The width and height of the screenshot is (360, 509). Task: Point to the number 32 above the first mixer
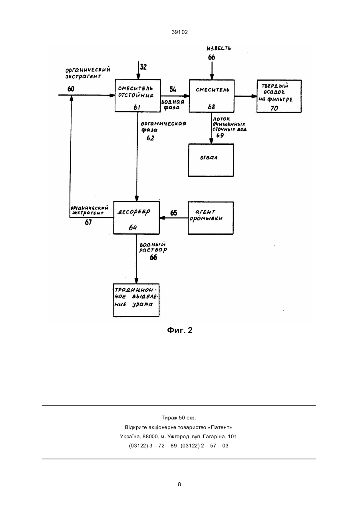point(143,67)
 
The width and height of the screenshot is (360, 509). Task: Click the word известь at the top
point(219,48)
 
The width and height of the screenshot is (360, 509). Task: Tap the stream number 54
point(173,90)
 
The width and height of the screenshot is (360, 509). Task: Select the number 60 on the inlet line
point(71,89)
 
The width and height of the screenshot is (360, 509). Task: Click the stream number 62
point(150,138)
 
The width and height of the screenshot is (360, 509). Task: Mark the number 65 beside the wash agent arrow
point(174,213)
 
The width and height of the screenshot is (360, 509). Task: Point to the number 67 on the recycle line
point(88,222)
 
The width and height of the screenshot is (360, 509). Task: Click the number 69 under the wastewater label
point(220,136)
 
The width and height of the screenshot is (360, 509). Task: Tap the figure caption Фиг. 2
point(180,330)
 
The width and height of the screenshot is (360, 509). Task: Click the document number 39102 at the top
point(180,32)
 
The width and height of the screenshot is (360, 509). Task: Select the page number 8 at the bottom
point(179,484)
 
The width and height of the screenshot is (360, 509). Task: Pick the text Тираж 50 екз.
point(179,418)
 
